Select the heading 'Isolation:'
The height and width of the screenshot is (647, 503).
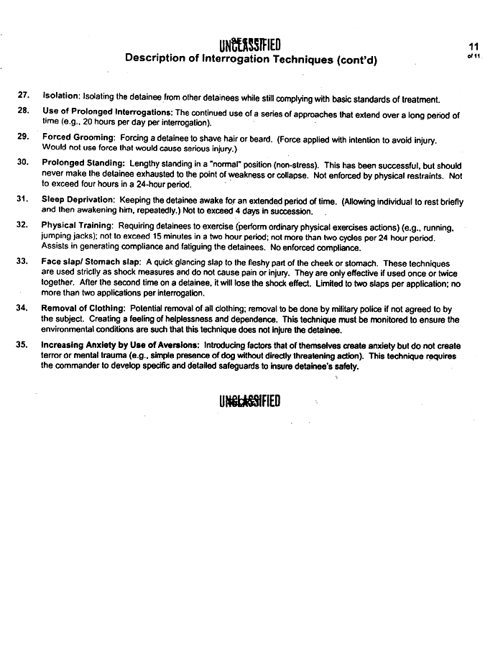(x=61, y=96)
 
